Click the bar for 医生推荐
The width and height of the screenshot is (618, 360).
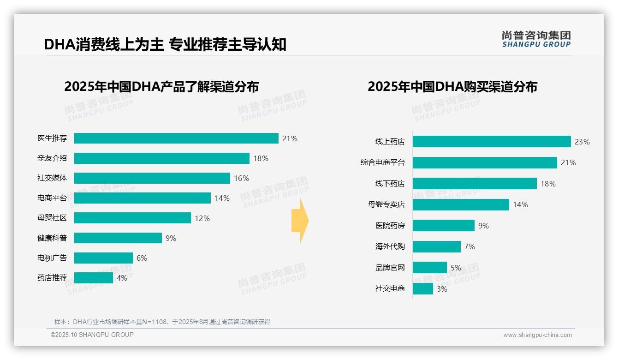click(x=176, y=138)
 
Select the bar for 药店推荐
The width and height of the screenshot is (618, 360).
click(x=94, y=278)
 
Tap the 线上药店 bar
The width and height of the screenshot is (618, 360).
click(x=492, y=142)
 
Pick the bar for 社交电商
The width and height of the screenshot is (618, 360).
click(x=423, y=289)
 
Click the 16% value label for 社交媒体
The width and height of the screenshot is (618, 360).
click(x=241, y=178)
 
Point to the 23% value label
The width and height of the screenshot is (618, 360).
click(x=582, y=142)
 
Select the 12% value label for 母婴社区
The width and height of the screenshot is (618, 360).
click(x=202, y=218)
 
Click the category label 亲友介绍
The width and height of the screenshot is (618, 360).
click(x=52, y=158)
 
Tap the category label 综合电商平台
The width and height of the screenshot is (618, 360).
click(x=382, y=162)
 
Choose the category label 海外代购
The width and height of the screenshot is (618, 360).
click(x=390, y=246)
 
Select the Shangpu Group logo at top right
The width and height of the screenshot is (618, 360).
click(x=536, y=39)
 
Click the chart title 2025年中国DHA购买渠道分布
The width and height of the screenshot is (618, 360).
click(x=452, y=87)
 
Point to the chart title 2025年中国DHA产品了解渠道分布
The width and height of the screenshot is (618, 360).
click(x=161, y=87)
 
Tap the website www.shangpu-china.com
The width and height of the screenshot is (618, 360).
click(x=537, y=335)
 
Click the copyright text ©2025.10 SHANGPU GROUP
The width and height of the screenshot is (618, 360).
click(x=92, y=335)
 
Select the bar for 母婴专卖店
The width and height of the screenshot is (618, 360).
click(x=461, y=205)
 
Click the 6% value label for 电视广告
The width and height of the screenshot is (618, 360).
click(x=142, y=258)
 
